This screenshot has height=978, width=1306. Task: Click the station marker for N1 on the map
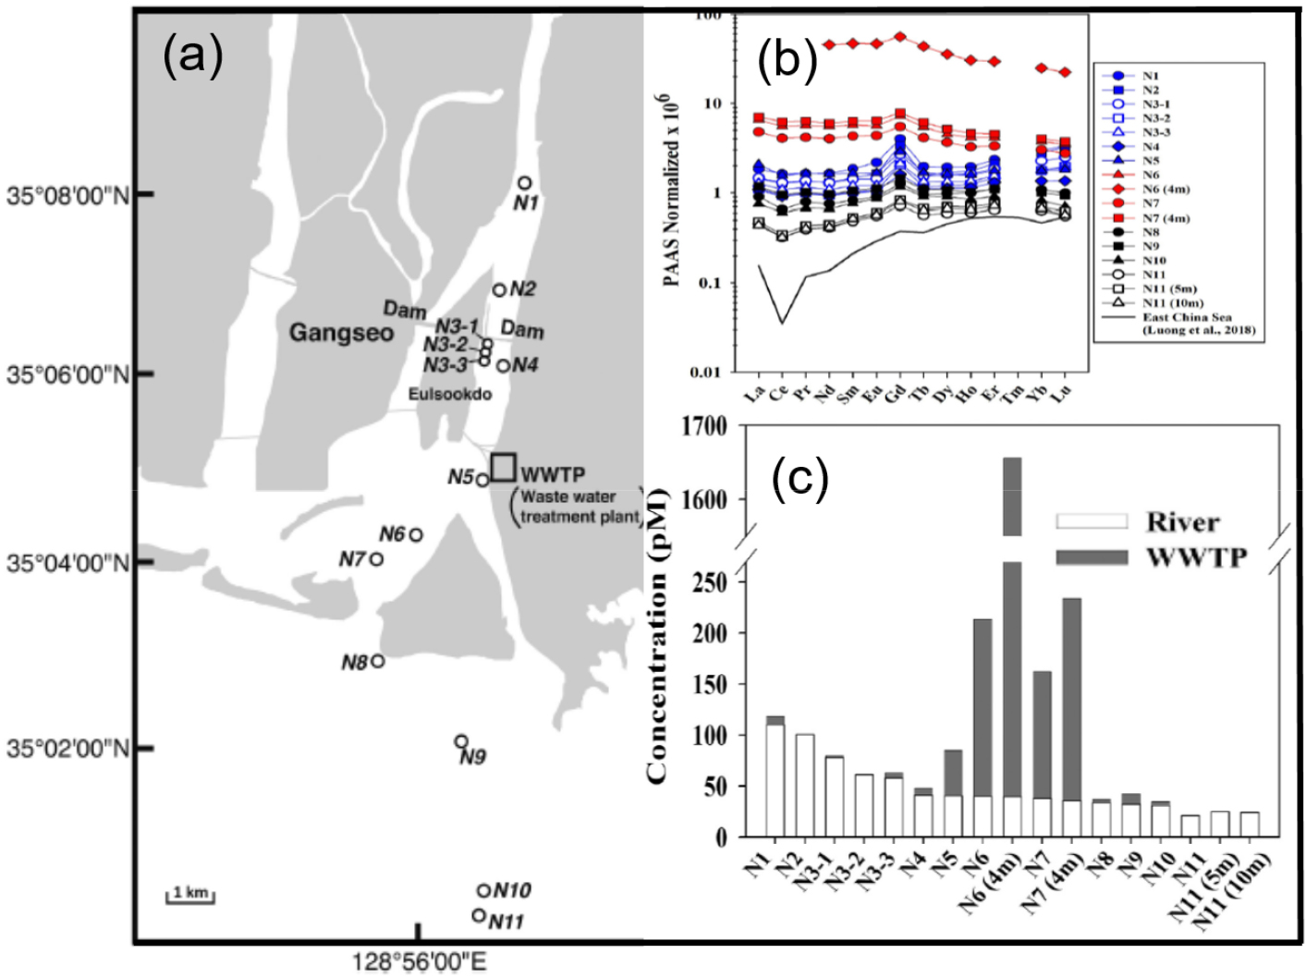[x=524, y=183]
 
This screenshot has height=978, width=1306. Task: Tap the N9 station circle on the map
[x=461, y=741]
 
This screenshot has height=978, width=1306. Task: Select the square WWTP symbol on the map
[x=503, y=467]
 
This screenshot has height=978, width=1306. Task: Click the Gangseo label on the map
[x=341, y=333]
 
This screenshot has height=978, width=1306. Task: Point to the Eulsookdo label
[x=450, y=395]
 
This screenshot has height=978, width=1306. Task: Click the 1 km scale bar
[x=190, y=894]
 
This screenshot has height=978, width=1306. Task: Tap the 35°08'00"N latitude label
[x=68, y=195]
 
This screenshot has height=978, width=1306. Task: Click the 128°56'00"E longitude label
[x=419, y=962]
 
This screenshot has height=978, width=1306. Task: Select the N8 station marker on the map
[x=377, y=661]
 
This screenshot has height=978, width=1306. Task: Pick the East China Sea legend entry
[x=1187, y=318]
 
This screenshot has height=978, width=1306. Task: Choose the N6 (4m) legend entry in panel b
[x=1166, y=189]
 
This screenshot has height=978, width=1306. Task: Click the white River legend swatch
[x=1092, y=521]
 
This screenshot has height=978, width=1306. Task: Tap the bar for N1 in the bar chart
[x=775, y=776]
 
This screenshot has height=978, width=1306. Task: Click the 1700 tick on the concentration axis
[x=703, y=427]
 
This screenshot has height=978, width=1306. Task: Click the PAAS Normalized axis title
[x=671, y=189]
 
